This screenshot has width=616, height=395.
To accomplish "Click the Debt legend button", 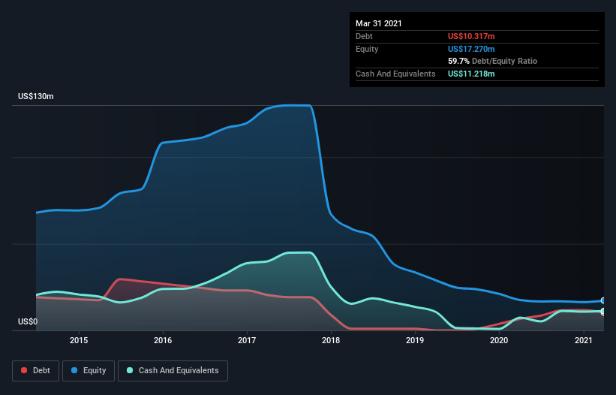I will click(x=35, y=370).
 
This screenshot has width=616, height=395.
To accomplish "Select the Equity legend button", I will click(x=89, y=370).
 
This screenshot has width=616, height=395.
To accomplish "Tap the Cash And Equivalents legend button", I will click(x=173, y=370).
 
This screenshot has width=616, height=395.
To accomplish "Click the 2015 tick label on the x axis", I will click(x=79, y=340).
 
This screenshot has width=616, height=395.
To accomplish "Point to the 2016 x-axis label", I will click(x=163, y=340).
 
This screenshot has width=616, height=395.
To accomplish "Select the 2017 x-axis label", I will click(x=247, y=340).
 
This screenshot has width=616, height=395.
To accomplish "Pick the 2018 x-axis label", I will click(x=331, y=340).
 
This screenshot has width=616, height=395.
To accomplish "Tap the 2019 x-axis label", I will click(x=415, y=340).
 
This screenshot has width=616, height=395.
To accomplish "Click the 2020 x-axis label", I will click(x=499, y=340).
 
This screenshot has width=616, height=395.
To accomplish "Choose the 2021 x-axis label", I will click(x=583, y=340).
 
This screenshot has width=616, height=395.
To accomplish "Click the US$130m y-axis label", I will click(x=36, y=97).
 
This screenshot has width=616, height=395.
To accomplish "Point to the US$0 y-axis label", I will click(x=29, y=321).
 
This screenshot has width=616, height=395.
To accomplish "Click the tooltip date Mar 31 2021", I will click(x=379, y=23).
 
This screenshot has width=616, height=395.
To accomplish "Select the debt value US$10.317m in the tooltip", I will click(x=471, y=36).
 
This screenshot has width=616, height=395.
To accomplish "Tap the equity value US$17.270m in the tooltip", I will click(x=471, y=49).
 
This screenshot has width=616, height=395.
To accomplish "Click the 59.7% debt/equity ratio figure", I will click(x=458, y=61).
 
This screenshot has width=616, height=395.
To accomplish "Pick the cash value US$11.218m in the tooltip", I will click(x=471, y=74).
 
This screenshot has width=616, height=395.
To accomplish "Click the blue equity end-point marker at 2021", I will click(x=603, y=300).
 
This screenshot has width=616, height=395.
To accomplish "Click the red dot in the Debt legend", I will click(x=25, y=370).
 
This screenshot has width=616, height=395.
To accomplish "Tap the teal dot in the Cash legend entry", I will click(x=130, y=370).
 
